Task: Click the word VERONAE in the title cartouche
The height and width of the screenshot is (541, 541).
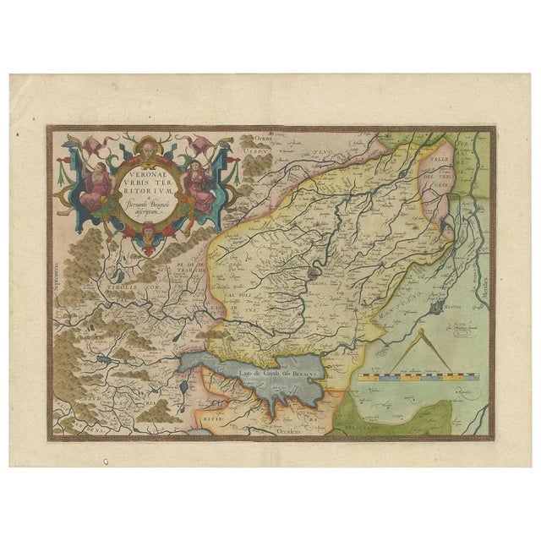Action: point(128,167)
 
